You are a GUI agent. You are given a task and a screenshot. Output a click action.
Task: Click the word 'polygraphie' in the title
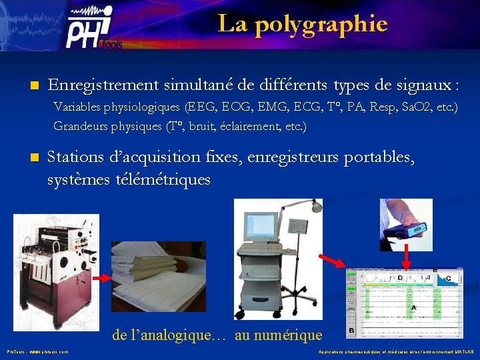[321, 25]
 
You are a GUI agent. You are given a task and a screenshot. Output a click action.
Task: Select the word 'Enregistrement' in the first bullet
[103, 85]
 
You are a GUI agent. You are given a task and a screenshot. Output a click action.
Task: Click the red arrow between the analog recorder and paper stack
[100, 277]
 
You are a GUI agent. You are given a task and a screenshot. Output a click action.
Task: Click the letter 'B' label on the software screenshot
[352, 330]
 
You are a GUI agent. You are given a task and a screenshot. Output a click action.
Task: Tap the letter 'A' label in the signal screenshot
[414, 307]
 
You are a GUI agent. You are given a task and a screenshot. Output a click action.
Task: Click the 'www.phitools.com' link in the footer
[49, 351]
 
